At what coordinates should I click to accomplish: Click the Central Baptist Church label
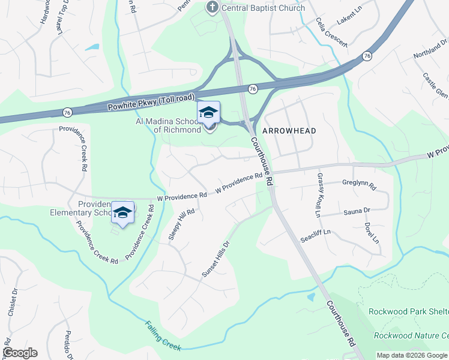pos(264,8)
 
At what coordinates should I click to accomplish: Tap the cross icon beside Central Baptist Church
pos(211,8)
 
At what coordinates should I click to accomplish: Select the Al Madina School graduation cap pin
pos(209,113)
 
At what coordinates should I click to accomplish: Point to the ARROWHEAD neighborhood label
pos(288,130)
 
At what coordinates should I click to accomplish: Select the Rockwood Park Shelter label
pos(408,311)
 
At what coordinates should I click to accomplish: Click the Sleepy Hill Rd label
pos(181,224)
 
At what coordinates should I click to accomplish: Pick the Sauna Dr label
pos(357,211)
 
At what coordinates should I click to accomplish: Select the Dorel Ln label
pos(372,233)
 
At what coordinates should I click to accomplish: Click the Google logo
pos(20,353)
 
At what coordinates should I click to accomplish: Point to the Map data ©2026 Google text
pos(412,355)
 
